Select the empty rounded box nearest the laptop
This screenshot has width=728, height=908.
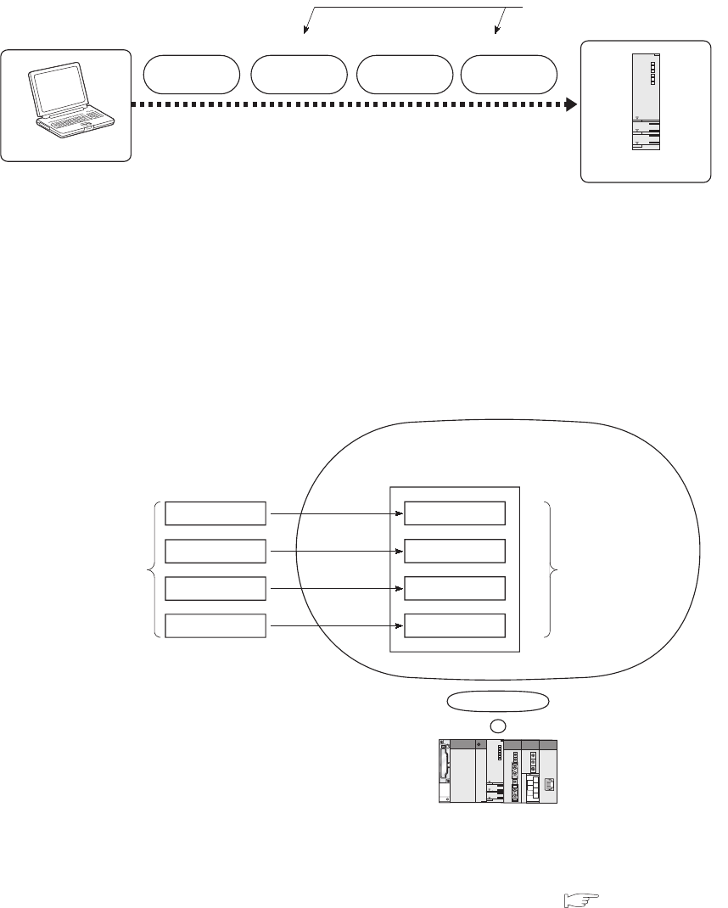[x=191, y=75]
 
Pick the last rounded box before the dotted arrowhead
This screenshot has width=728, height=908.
[x=509, y=75]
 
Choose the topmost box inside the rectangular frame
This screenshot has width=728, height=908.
[x=455, y=513]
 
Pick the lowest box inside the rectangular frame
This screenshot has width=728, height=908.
[x=455, y=625]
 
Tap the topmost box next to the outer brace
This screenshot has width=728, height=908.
[x=216, y=513]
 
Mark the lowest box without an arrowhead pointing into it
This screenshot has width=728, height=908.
[x=216, y=625]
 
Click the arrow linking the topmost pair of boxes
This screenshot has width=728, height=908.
[x=335, y=513]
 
